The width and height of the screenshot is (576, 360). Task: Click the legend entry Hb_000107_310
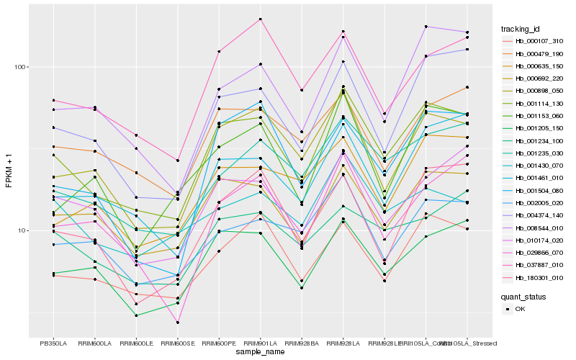(539, 41)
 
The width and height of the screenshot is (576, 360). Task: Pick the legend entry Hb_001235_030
(539, 153)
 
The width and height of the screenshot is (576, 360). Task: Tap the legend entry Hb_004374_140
(539, 215)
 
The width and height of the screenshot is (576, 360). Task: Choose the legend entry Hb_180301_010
(539, 277)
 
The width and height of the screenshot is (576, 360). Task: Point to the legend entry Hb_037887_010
(539, 265)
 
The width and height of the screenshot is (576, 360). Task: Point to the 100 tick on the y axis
(19, 67)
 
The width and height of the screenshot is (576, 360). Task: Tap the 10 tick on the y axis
(21, 231)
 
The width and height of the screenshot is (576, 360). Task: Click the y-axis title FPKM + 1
(9, 171)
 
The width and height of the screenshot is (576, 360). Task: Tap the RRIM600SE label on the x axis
(177, 343)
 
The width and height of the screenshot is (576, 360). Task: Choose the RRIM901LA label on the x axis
(260, 343)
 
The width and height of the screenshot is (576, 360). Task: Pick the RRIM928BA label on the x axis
(302, 343)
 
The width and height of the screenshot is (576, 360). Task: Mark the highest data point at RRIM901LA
(260, 19)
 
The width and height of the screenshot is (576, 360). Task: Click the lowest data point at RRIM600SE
(177, 323)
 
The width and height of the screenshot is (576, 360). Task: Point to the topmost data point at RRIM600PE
(219, 51)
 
